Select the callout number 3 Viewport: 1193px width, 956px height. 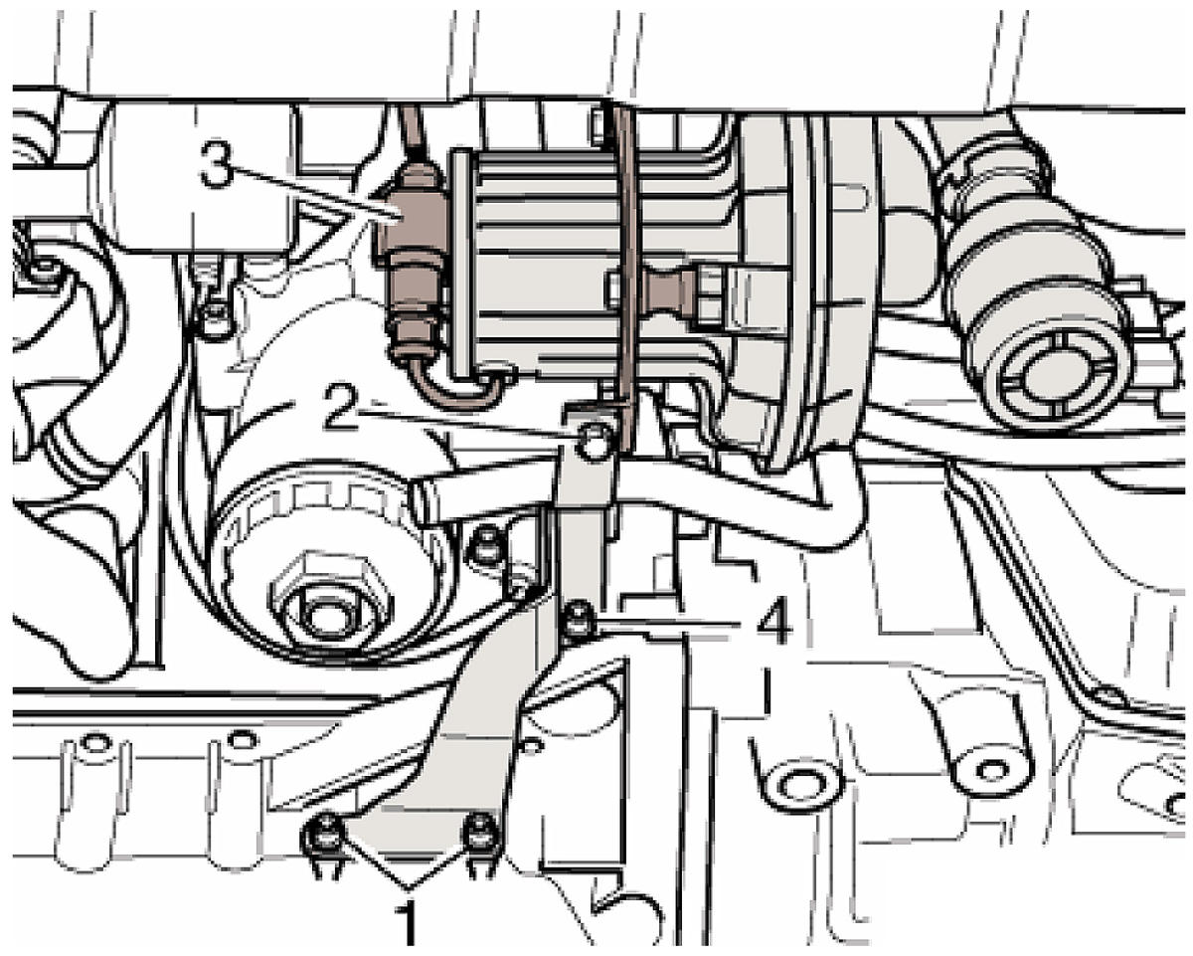pyautogui.click(x=218, y=164)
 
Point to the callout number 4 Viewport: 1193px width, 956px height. pyautogui.click(x=773, y=623)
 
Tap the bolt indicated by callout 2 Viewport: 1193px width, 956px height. pyautogui.click(x=595, y=441)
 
